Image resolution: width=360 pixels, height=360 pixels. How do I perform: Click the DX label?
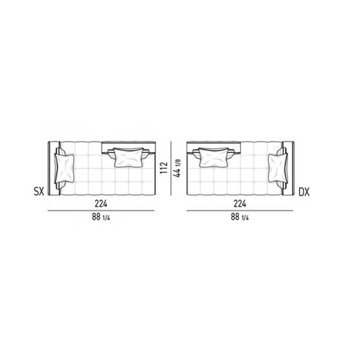[304, 192]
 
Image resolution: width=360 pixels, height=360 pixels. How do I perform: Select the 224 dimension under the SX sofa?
[101, 204]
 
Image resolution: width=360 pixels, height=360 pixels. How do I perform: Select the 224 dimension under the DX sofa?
[240, 204]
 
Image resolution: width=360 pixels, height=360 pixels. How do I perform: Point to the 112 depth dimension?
[164, 168]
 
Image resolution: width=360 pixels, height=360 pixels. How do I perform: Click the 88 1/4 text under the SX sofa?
[101, 217]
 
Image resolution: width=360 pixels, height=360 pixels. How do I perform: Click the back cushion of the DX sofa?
[214, 157]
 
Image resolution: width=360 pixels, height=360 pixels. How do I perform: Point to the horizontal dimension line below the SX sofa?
[101, 211]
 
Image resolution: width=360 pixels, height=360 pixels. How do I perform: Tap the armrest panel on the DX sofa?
[290, 168]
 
